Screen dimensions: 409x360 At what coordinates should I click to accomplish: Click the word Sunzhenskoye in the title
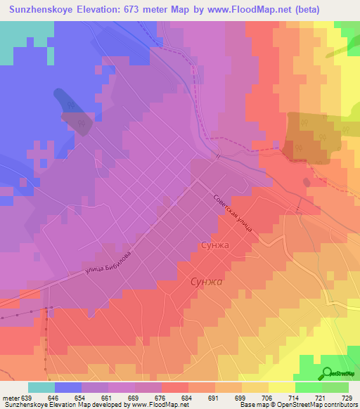coord(45,10)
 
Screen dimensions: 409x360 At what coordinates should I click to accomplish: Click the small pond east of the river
coord(307,182)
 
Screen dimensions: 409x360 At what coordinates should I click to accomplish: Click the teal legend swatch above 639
coord(41,387)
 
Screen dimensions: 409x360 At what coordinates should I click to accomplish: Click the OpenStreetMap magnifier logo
coord(327,372)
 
